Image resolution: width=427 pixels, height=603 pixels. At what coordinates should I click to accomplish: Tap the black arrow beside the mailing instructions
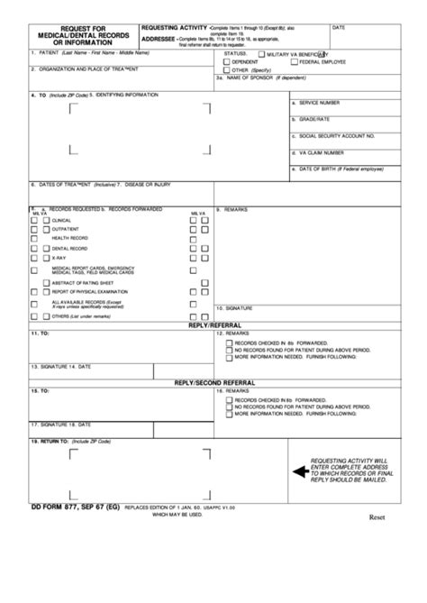298,471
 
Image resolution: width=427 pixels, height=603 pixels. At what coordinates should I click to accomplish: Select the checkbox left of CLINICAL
34,220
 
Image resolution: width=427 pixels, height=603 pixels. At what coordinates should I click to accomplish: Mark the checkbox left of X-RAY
34,257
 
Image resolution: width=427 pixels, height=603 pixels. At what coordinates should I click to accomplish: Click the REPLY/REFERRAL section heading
213,324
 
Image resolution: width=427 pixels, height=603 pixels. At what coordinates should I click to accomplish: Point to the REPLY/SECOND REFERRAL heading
213,383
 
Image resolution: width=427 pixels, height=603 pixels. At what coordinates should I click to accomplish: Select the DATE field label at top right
339,28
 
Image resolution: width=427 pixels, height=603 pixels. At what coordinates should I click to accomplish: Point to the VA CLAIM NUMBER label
322,152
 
